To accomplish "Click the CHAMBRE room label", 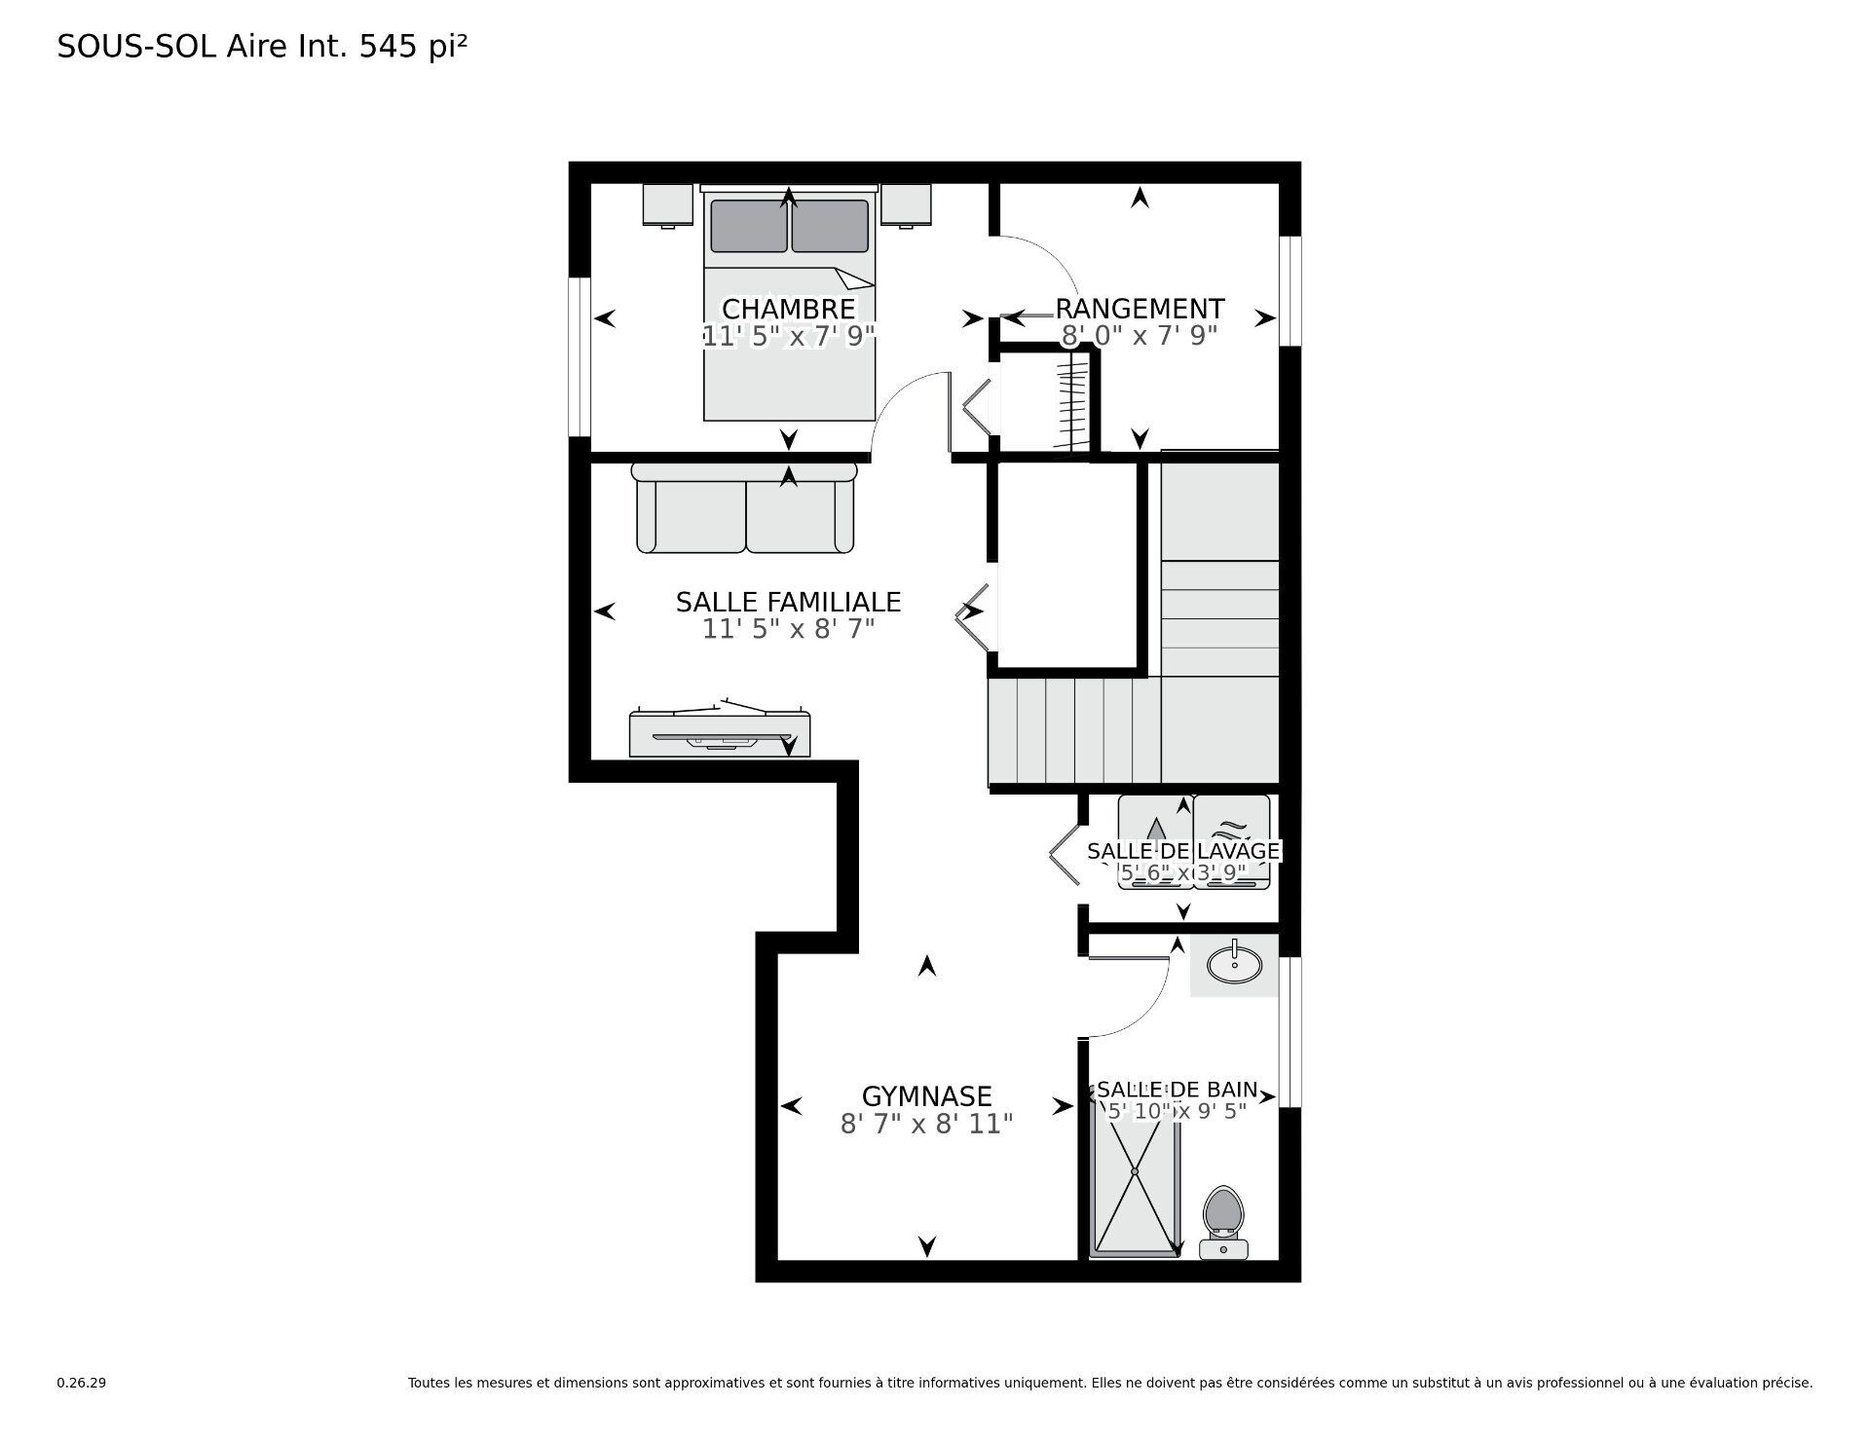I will (788, 309).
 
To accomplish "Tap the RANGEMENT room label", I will (1140, 309).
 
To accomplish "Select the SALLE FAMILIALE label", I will (788, 602).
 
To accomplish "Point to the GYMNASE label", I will (926, 1096).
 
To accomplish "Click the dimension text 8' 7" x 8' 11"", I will (926, 1124).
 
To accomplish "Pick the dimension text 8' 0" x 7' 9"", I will (1140, 335).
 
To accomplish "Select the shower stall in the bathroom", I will (1136, 1178).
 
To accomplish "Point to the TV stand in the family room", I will (719, 733).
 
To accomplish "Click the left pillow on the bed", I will (748, 226).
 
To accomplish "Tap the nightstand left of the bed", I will (667, 204).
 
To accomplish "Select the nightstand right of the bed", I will (907, 204).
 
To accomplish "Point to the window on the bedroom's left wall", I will (580, 356).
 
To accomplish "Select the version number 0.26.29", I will (81, 1383).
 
